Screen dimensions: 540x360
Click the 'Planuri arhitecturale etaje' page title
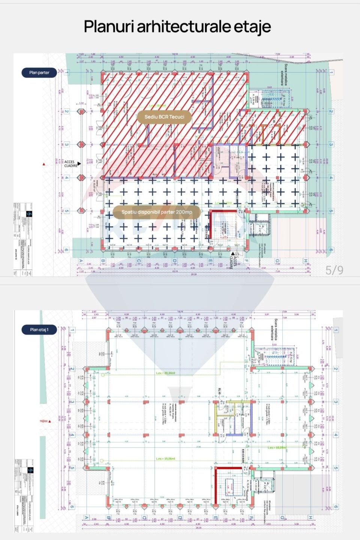tap(177, 27)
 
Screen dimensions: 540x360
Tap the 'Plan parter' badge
tap(39, 73)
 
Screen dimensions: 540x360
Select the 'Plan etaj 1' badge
tap(39, 330)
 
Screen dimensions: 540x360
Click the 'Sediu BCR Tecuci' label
tap(164, 117)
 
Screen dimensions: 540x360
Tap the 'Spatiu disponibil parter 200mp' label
tap(156, 212)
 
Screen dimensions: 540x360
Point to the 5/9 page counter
tap(334, 270)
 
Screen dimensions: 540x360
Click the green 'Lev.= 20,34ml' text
tap(165, 373)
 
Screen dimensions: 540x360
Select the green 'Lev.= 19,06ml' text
tap(165, 459)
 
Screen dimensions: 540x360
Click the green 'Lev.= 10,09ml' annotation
tap(277, 448)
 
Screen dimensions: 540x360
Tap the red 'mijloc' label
tap(44, 421)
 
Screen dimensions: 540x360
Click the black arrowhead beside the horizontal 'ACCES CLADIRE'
tap(79, 163)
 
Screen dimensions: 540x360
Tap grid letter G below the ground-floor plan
tap(277, 261)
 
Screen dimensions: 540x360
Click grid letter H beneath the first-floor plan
tap(310, 517)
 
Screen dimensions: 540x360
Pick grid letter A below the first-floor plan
tap(87, 517)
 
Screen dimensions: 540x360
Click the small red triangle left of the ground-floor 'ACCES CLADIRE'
tap(44, 164)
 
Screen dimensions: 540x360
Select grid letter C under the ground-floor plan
tap(139, 261)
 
